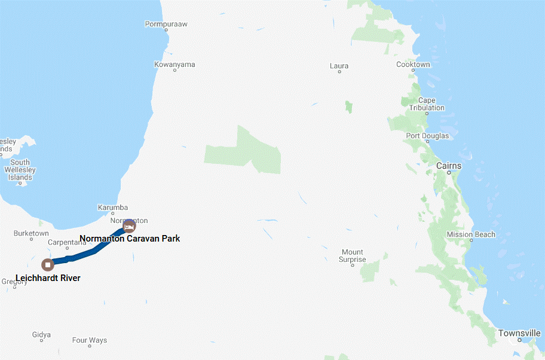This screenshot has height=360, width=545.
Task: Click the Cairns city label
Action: tap(448, 166)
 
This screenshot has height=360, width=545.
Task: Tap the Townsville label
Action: tap(519, 333)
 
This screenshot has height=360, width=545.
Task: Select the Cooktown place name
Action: tap(413, 65)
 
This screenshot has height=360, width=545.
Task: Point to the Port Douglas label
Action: tap(427, 136)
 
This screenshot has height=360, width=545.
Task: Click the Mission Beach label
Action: tap(471, 234)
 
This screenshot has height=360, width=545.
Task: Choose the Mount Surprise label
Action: tap(352, 256)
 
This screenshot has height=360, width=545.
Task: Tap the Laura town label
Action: tap(339, 66)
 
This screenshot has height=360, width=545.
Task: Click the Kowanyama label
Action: tap(174, 65)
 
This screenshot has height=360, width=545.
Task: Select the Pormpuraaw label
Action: tap(166, 25)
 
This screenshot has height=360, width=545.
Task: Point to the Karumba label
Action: tap(112, 208)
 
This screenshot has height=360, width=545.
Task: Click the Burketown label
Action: tap(31, 233)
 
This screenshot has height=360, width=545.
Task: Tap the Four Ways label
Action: tap(90, 340)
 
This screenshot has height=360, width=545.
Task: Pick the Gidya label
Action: tap(41, 335)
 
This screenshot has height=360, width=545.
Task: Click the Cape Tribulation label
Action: tap(427, 104)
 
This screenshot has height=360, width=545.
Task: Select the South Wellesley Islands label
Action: tap(20, 170)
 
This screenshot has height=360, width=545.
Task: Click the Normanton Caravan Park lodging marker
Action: tap(128, 226)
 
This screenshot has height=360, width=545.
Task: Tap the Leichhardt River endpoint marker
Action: tap(48, 264)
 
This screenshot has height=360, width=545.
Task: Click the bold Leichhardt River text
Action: tap(48, 278)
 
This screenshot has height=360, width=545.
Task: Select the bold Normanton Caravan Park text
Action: tap(130, 239)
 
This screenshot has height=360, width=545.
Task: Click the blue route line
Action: tap(90, 254)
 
